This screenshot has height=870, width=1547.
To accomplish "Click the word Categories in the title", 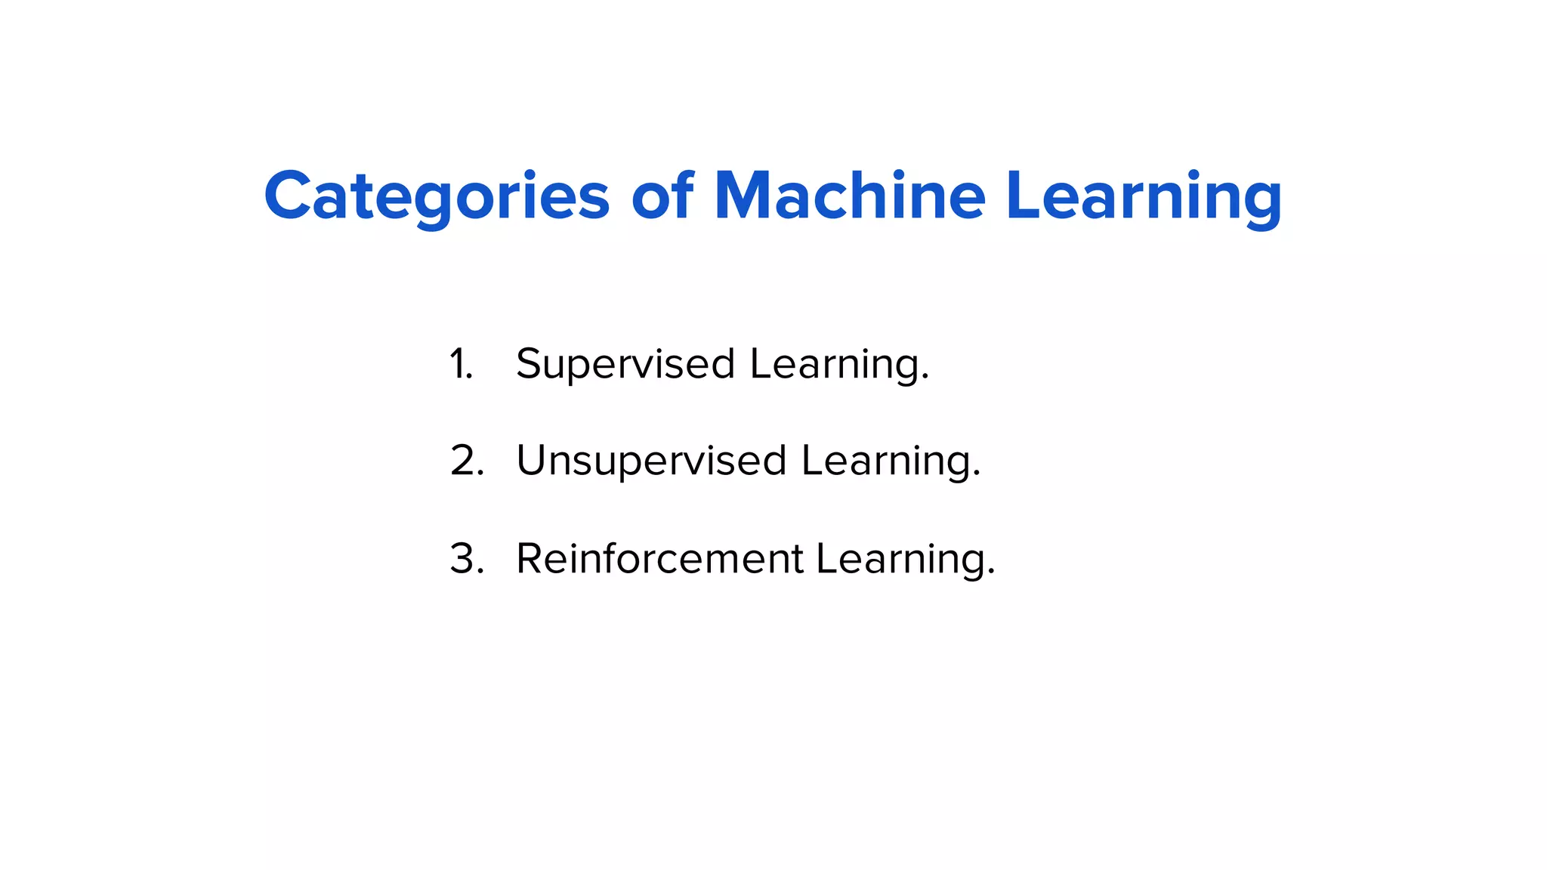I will click(x=437, y=196).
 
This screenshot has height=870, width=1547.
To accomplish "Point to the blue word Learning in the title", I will click(x=1144, y=196).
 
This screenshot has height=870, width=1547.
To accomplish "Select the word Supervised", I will click(x=625, y=364).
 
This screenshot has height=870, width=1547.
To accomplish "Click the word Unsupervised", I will click(x=651, y=461).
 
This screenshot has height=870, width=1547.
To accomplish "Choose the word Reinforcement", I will click(x=659, y=559).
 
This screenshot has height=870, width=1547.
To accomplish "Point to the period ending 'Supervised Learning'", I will click(x=925, y=380).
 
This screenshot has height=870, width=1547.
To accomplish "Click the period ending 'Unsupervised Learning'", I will click(x=977, y=477).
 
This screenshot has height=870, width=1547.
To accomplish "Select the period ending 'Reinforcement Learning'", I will click(x=992, y=575).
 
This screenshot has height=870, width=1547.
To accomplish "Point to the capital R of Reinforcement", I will click(x=532, y=559).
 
